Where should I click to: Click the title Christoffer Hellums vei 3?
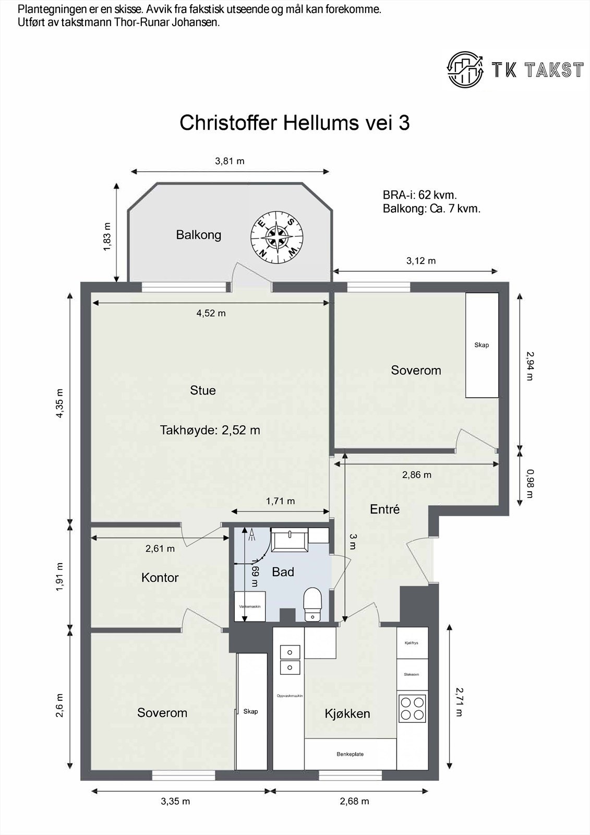294,123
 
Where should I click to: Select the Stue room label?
202,390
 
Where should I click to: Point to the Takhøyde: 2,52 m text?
210,431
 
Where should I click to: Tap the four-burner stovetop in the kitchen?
412,708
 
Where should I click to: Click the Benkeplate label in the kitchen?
350,754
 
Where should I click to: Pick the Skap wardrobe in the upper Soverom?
481,345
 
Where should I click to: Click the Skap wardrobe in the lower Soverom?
250,711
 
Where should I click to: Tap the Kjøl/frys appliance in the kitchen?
412,643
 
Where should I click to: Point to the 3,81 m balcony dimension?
230,161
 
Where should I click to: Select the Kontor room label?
160,578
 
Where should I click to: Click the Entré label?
384,509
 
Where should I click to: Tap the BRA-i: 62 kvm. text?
419,195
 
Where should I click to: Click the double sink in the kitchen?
290,660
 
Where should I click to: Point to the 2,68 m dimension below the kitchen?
354,801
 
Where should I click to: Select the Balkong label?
198,235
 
